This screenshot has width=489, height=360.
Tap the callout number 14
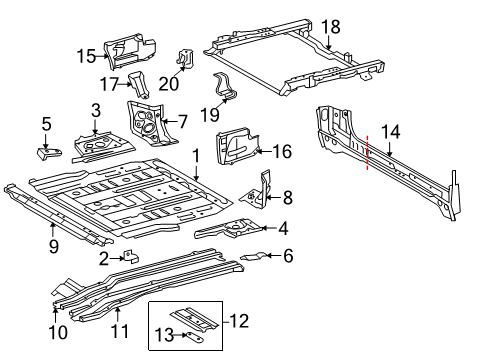[390, 131]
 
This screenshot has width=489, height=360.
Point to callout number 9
[53, 246]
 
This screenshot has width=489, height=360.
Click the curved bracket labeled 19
[227, 88]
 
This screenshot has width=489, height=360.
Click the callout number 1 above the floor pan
[196, 155]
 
